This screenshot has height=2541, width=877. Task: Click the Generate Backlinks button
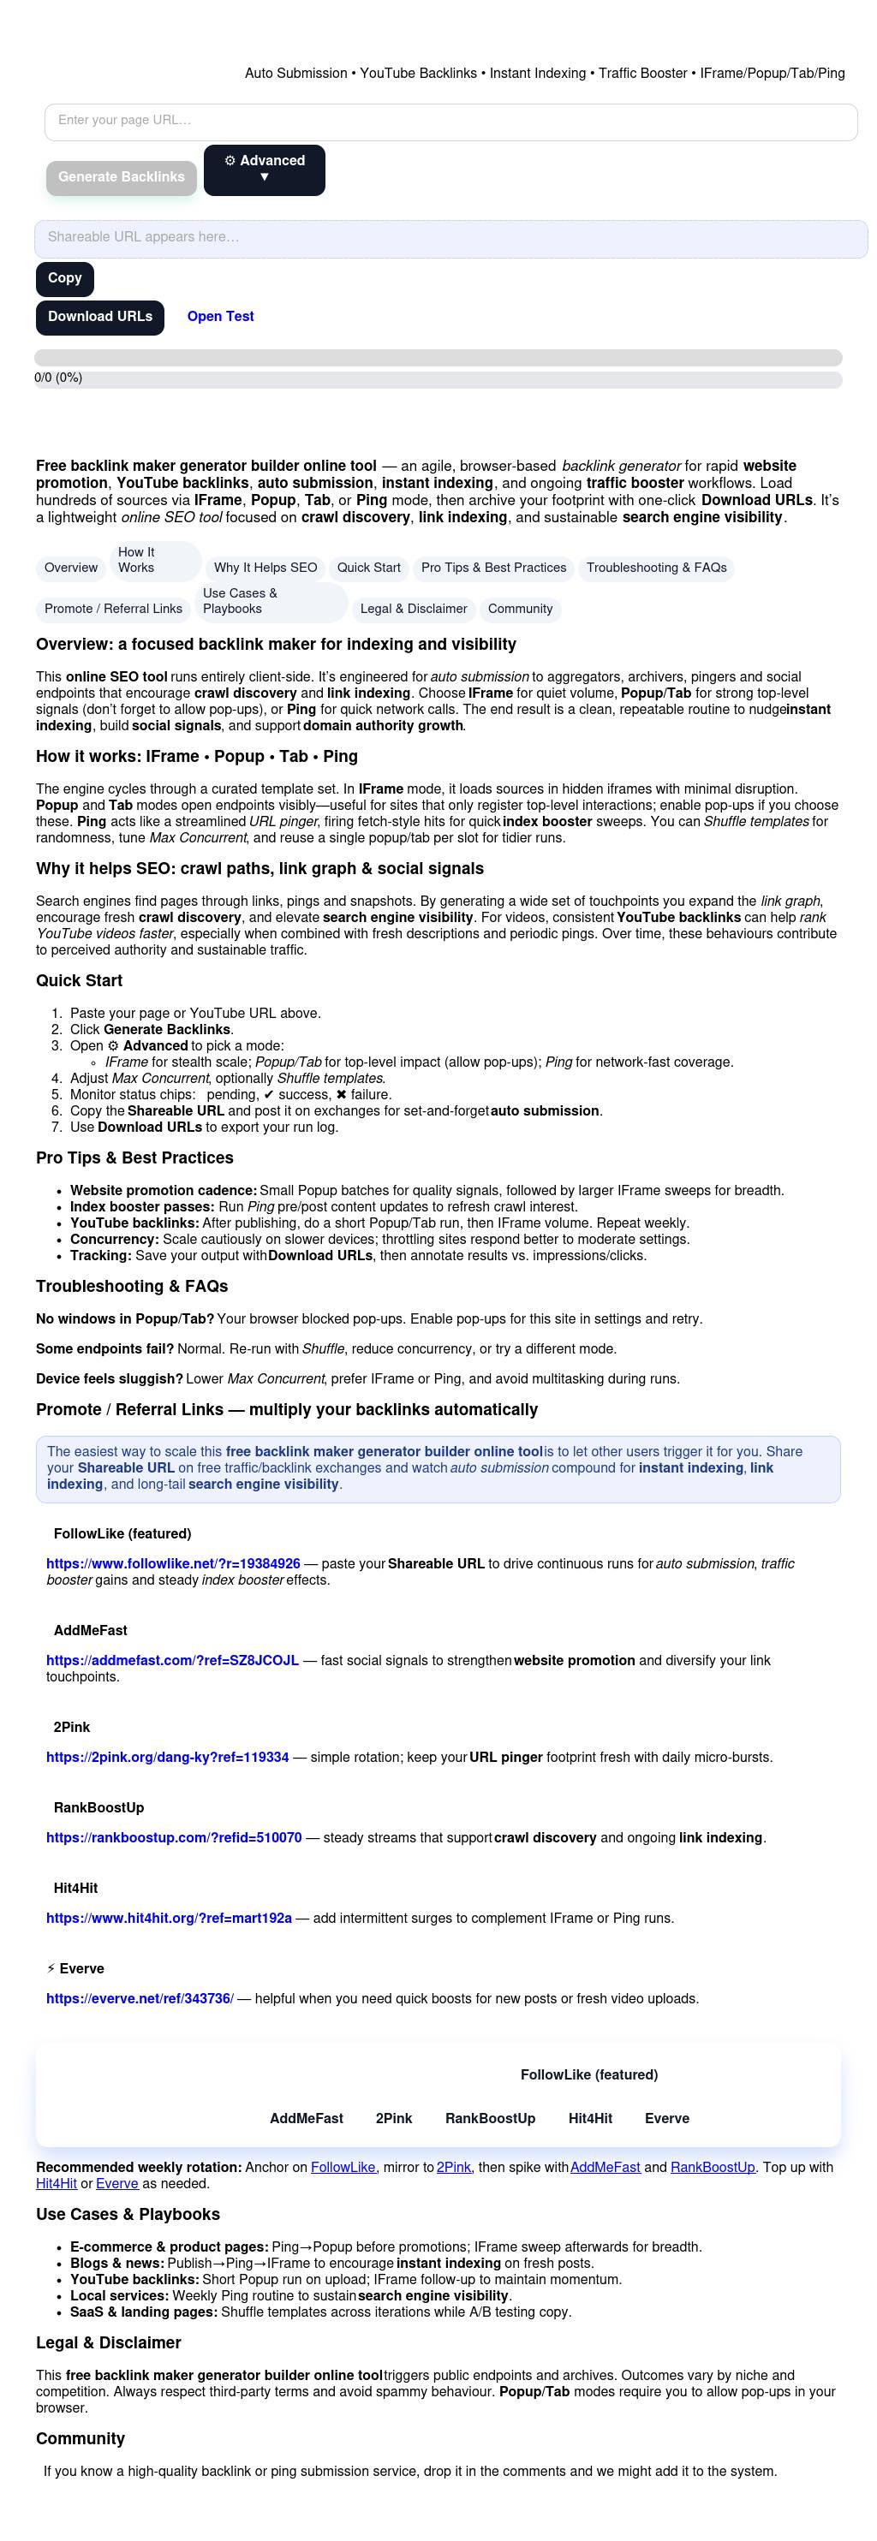122,177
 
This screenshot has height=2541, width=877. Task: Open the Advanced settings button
265,170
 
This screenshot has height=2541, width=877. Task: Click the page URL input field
450,122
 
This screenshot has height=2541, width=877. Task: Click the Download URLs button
99,318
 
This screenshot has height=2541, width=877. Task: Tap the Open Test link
220,317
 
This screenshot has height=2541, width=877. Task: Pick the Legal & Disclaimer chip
414,610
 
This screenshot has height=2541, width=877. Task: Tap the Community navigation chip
520,610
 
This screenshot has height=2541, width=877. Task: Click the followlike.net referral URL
174,1564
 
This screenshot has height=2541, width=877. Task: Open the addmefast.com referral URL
173,1661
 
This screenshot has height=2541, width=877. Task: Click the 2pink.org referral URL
168,1758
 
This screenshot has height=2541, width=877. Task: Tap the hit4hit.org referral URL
169,1919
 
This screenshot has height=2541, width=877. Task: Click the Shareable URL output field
450,239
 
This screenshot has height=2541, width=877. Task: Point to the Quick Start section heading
79,981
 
